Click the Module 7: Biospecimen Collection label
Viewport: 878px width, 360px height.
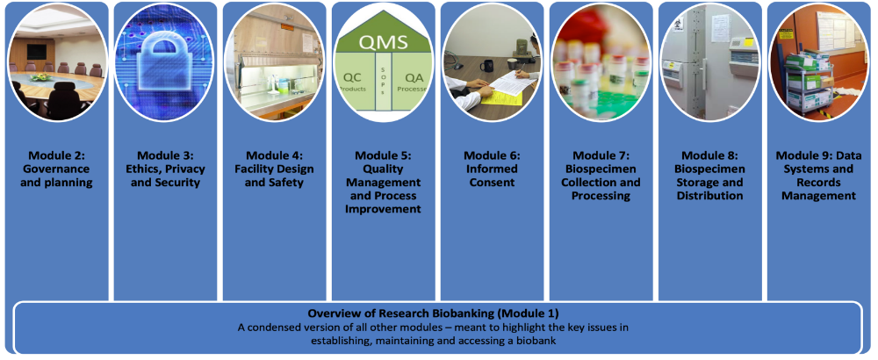(x=601, y=176)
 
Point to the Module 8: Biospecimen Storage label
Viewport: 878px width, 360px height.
(x=709, y=176)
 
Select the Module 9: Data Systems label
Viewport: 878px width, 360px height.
(x=818, y=176)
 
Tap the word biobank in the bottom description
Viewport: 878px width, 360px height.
(x=551, y=340)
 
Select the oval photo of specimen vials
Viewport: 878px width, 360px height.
(x=601, y=62)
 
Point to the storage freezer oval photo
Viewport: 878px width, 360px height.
(x=709, y=62)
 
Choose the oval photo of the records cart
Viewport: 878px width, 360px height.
(x=818, y=62)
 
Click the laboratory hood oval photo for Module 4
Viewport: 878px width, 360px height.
(x=274, y=62)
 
